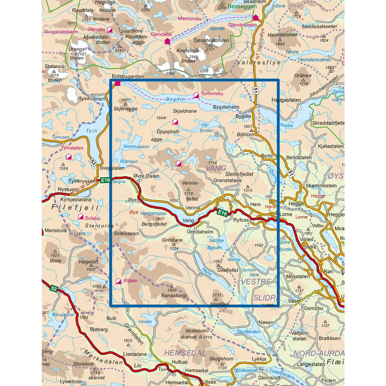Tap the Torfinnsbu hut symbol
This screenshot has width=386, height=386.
(196, 95)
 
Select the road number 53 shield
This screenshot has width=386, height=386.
(93, 162)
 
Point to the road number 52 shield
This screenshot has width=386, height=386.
(54, 288)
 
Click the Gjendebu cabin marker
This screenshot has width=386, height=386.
(167, 41)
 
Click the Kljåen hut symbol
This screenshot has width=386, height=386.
(119, 281)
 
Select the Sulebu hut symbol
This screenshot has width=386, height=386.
(81, 216)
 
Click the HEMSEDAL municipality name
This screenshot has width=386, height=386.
(182, 352)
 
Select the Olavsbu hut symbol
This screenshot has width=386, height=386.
(110, 30)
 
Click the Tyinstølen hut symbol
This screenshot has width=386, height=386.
(68, 157)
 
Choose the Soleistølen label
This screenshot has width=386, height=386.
(127, 233)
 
